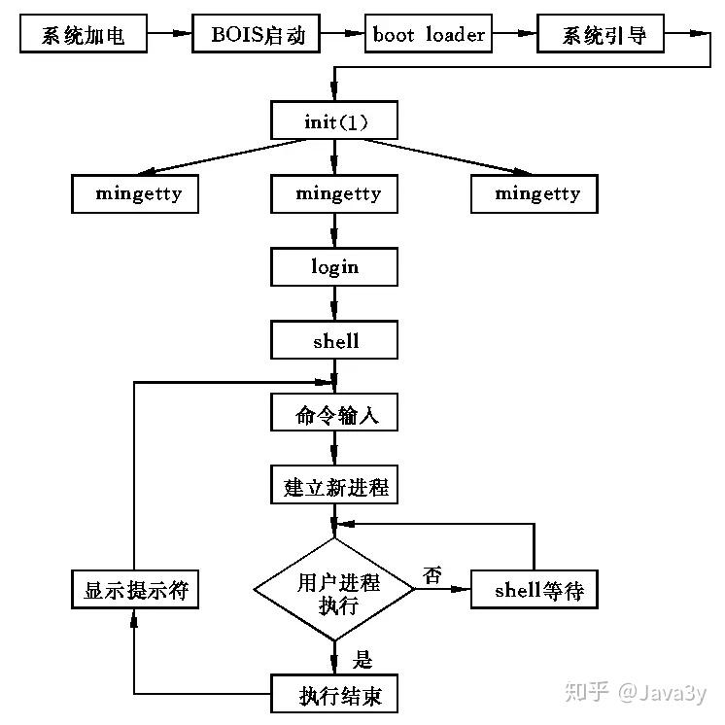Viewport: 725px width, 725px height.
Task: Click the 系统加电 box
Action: point(84,33)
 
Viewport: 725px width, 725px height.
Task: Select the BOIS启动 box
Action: point(257,33)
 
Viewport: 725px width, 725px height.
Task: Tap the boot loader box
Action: point(429,33)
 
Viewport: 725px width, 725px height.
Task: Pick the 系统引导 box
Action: point(601,33)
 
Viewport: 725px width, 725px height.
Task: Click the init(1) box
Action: point(334,121)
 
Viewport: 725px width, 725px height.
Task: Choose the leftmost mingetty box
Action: point(135,193)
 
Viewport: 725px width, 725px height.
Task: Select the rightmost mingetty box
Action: point(535,193)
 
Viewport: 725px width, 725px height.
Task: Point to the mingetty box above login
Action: point(334,193)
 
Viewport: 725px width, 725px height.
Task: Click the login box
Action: point(334,267)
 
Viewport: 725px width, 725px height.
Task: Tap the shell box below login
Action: point(334,340)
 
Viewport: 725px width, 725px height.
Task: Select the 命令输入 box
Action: point(334,412)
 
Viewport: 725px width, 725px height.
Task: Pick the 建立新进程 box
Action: point(334,485)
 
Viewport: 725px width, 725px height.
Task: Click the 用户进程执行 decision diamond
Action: point(334,590)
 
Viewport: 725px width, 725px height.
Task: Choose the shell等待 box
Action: point(535,590)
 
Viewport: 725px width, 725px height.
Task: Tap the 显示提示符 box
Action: point(135,590)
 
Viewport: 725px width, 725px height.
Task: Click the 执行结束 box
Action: point(334,694)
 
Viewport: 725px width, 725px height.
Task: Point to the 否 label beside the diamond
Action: point(432,575)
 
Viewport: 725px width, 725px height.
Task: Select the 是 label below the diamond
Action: point(362,659)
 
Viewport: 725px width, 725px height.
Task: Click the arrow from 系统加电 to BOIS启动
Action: point(170,33)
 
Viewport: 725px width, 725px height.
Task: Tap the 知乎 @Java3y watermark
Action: point(636,692)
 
